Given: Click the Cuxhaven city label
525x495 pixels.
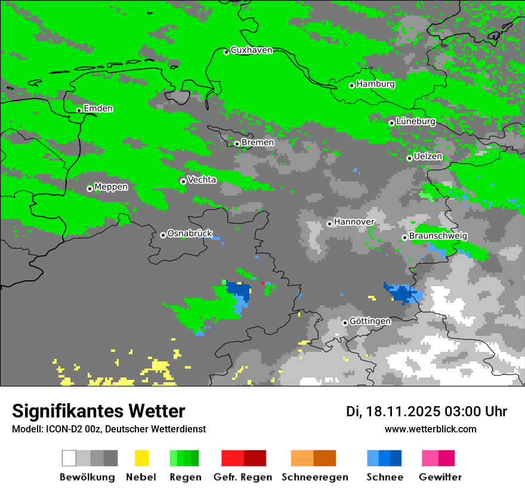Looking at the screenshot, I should pyautogui.click(x=251, y=50).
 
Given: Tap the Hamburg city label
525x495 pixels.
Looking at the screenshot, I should pyautogui.click(x=375, y=84).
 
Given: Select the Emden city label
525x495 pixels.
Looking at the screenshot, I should pyautogui.click(x=98, y=109).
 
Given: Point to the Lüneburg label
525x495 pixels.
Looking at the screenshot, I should pyautogui.click(x=415, y=122).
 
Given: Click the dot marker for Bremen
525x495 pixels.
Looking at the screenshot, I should pyautogui.click(x=237, y=144).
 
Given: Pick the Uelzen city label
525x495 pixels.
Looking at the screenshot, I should pyautogui.click(x=428, y=157).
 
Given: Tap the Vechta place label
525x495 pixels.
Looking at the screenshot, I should pyautogui.click(x=202, y=180).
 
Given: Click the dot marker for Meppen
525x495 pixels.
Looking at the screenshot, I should pyautogui.click(x=90, y=188).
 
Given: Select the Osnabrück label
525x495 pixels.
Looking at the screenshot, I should pyautogui.click(x=190, y=233).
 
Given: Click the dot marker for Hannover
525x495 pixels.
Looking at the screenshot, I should pyautogui.click(x=329, y=224).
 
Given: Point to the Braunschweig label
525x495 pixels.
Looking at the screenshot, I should pyautogui.click(x=438, y=236).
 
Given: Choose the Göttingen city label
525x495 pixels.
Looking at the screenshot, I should pyautogui.click(x=370, y=321).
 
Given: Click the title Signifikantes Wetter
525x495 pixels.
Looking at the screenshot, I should pyautogui.click(x=98, y=412).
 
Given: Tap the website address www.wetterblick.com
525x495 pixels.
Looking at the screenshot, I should pyautogui.click(x=430, y=429).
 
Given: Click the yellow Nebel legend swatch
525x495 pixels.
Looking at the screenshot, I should pyautogui.click(x=141, y=458).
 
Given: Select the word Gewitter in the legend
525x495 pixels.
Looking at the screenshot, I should pyautogui.click(x=440, y=477).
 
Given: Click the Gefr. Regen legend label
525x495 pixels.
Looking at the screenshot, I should pyautogui.click(x=243, y=477).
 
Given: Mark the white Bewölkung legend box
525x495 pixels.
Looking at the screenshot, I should pyautogui.click(x=69, y=458).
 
